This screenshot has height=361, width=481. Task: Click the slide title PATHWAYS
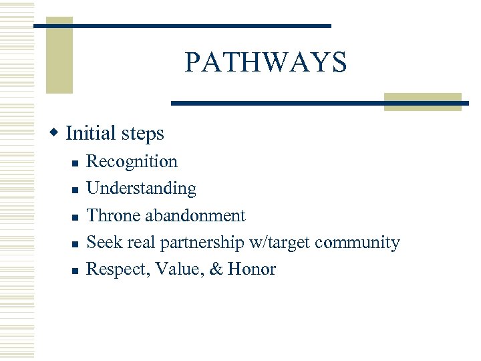tap(266, 63)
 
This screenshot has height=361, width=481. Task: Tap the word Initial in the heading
tap(90, 133)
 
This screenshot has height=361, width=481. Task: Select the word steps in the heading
tap(142, 134)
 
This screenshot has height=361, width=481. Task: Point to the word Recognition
tap(132, 162)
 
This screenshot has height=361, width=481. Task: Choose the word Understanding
tap(142, 189)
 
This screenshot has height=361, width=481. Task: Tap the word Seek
tap(102, 242)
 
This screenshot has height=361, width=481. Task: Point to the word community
tap(358, 243)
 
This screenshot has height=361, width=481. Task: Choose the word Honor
tap(251, 269)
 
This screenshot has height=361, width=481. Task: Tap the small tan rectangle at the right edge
tap(422, 102)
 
